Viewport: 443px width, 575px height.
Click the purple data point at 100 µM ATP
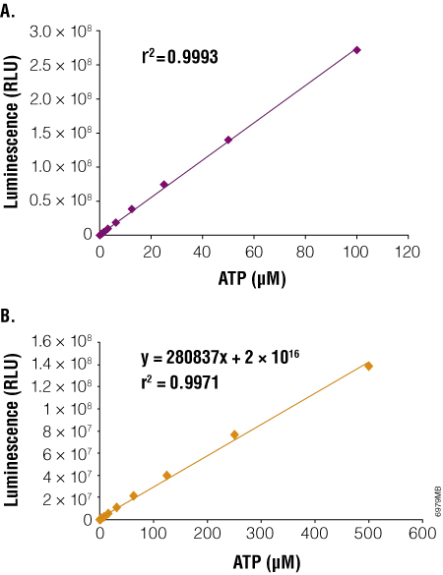click(357, 49)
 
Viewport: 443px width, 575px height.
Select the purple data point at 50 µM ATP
click(228, 140)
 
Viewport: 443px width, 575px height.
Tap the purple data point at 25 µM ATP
click(164, 184)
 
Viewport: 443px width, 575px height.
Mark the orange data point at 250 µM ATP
click(234, 434)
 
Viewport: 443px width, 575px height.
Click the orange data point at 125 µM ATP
click(166, 476)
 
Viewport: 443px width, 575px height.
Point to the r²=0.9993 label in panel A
click(180, 58)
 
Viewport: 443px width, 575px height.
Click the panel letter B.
click(9, 316)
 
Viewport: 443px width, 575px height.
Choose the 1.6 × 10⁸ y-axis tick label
click(66, 341)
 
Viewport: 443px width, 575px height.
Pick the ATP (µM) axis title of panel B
click(261, 561)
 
